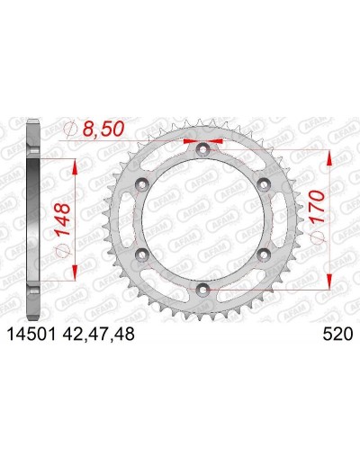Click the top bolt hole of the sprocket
[x=202, y=149]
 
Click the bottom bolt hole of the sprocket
[x=202, y=289]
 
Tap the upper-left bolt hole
[x=142, y=184]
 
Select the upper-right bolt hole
[x=264, y=184]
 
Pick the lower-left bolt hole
[x=142, y=255]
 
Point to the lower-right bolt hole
[x=264, y=255]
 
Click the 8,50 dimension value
[x=103, y=130]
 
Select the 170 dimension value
[x=318, y=207]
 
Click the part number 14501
[x=31, y=334]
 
